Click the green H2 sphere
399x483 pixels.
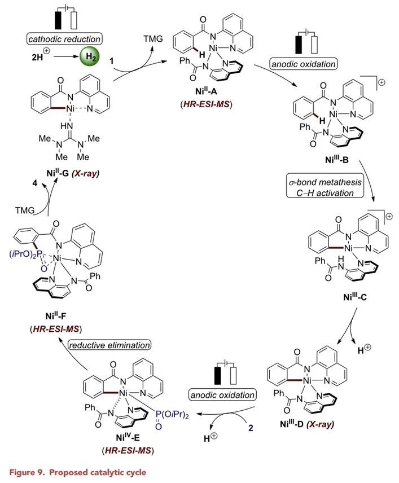coord(89,57)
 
